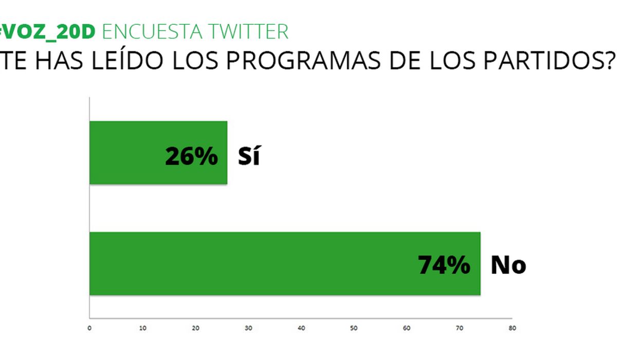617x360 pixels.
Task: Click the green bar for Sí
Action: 158,153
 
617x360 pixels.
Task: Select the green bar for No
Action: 285,264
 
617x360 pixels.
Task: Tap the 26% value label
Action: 191,156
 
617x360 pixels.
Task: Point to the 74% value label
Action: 444,265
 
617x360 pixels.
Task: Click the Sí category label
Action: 249,156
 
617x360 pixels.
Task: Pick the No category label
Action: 509,265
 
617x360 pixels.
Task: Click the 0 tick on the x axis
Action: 89,328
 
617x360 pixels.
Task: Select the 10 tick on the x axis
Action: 143,328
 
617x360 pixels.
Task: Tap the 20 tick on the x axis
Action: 195,328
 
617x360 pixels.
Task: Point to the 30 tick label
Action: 248,328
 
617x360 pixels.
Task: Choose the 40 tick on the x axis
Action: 301,328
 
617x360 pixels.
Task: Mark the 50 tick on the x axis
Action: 354,328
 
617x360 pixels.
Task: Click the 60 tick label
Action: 407,328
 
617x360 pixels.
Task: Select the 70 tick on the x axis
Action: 460,328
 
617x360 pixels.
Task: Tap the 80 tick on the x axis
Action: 512,328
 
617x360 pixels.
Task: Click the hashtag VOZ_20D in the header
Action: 47,32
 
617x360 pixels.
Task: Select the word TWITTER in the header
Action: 248,32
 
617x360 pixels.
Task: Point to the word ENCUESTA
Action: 152,32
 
